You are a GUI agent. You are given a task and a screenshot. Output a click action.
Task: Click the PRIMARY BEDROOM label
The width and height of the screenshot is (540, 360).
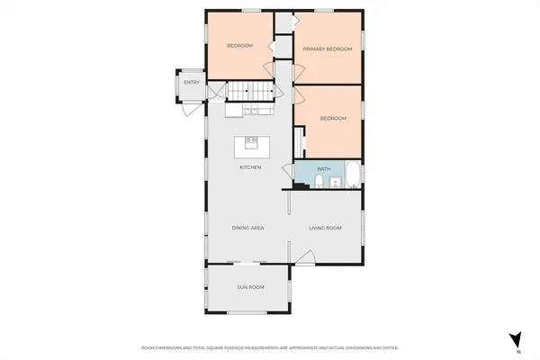327,49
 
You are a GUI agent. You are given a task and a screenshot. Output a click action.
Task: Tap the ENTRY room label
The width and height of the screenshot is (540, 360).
191,84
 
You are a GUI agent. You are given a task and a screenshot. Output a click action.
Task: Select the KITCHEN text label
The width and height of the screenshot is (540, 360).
250,168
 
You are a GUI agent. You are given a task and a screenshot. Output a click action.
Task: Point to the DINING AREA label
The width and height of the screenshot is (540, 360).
247,229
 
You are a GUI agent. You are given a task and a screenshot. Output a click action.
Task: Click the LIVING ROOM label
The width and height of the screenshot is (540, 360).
327,229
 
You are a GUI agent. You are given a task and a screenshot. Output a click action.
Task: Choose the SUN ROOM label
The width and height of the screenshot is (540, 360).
250,287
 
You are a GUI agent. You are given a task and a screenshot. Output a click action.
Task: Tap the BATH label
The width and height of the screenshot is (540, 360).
324,168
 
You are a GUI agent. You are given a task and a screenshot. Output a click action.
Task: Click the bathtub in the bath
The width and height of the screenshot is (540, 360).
352,174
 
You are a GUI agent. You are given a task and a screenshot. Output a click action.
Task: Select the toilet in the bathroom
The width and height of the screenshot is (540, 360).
319,183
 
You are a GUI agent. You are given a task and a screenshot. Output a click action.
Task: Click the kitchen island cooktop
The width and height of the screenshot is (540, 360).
249,143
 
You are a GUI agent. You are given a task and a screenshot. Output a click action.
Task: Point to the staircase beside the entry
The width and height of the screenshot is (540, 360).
248,92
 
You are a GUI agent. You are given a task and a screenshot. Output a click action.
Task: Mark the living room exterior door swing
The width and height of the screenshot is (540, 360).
305,262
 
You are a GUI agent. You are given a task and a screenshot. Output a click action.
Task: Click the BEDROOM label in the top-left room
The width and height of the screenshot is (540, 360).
239,46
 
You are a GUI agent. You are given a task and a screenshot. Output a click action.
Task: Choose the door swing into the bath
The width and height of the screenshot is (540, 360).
302,168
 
